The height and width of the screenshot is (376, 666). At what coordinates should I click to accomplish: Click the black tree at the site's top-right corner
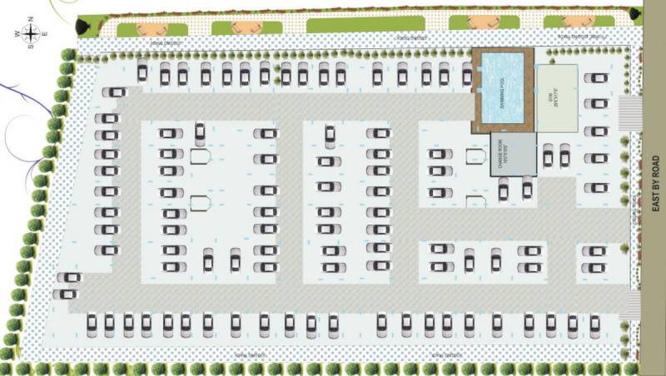point(636,12)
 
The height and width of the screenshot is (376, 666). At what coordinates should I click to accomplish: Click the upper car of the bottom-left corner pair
point(69,278)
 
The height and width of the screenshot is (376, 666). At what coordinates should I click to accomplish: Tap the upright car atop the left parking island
point(200,131)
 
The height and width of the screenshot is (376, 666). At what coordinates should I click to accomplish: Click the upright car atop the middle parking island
point(330,132)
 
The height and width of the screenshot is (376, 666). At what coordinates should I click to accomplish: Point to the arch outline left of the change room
point(475,156)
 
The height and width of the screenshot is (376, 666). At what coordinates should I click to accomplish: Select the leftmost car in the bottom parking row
point(92,323)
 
